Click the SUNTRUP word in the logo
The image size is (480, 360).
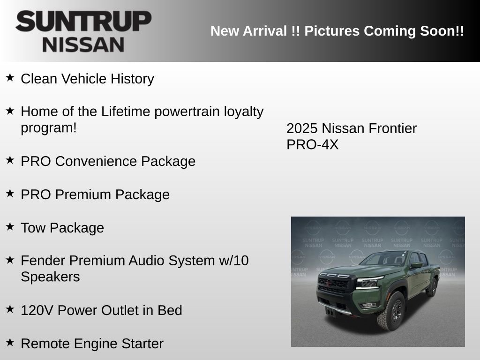[83, 22]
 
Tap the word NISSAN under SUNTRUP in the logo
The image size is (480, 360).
[83, 45]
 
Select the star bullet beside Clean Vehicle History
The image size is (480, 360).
[10, 77]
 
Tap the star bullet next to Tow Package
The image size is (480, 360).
[10, 226]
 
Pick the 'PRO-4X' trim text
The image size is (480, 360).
[312, 145]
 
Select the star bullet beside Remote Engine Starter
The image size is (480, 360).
[10, 342]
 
